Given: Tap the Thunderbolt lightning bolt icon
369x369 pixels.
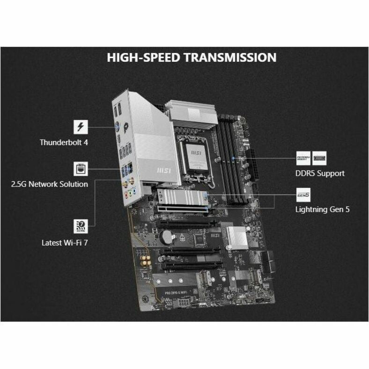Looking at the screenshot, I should (81, 126).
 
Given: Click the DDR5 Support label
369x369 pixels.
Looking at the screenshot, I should (320, 173).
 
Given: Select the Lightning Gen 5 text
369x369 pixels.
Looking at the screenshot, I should (322, 209).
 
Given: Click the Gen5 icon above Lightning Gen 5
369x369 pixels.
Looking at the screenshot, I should (303, 193).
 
